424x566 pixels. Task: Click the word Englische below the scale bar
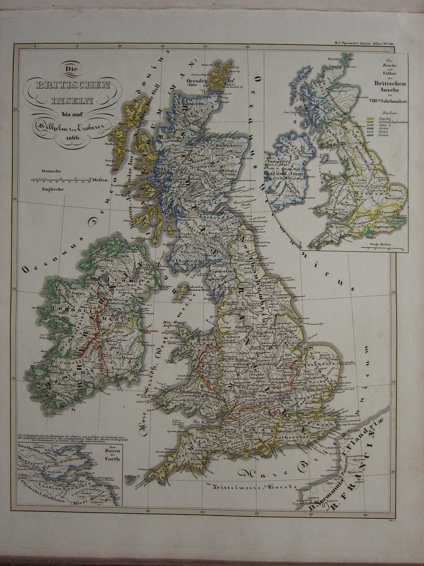pyautogui.click(x=52, y=189)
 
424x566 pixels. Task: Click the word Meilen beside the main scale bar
pyautogui.click(x=101, y=180)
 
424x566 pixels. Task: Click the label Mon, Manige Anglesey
pyautogui.click(x=175, y=323)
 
